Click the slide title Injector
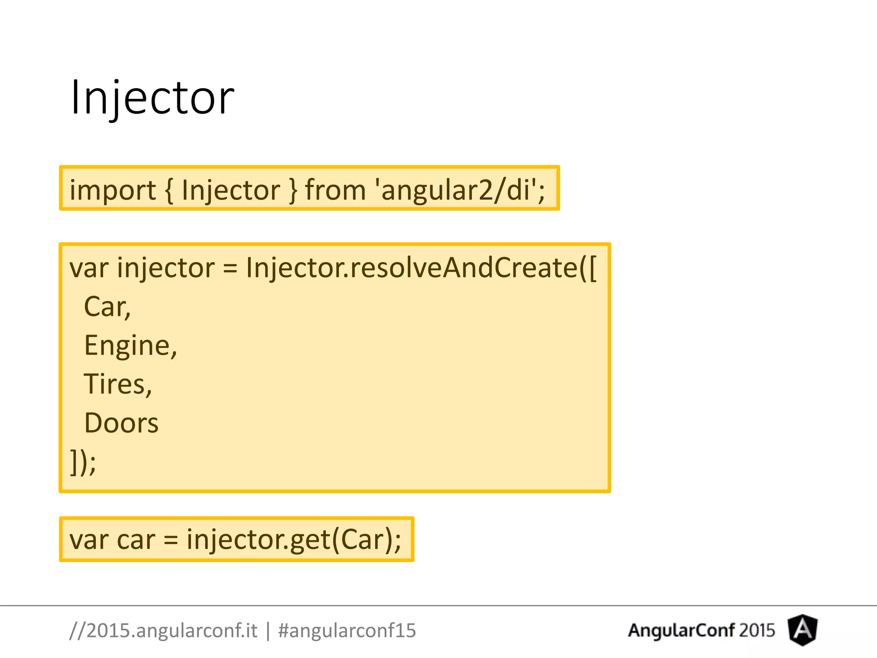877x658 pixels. point(152,98)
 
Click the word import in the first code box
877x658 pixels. point(113,190)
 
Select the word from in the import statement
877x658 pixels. point(335,190)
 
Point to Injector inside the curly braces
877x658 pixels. point(231,190)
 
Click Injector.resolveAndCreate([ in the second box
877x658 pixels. point(421,268)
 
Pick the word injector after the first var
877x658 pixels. point(165,268)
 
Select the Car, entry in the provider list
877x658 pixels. point(107,307)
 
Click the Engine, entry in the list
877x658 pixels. point(130,345)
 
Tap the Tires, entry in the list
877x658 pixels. point(118,384)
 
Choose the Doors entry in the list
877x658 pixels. point(121,423)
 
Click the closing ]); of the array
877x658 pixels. point(83,462)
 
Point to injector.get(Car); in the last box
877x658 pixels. point(294,540)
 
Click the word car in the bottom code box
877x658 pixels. point(136,540)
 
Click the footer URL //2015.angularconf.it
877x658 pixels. point(163,631)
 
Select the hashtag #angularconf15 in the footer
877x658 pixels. point(347,631)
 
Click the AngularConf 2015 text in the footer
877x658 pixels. point(701,631)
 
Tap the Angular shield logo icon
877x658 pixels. point(802,630)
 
